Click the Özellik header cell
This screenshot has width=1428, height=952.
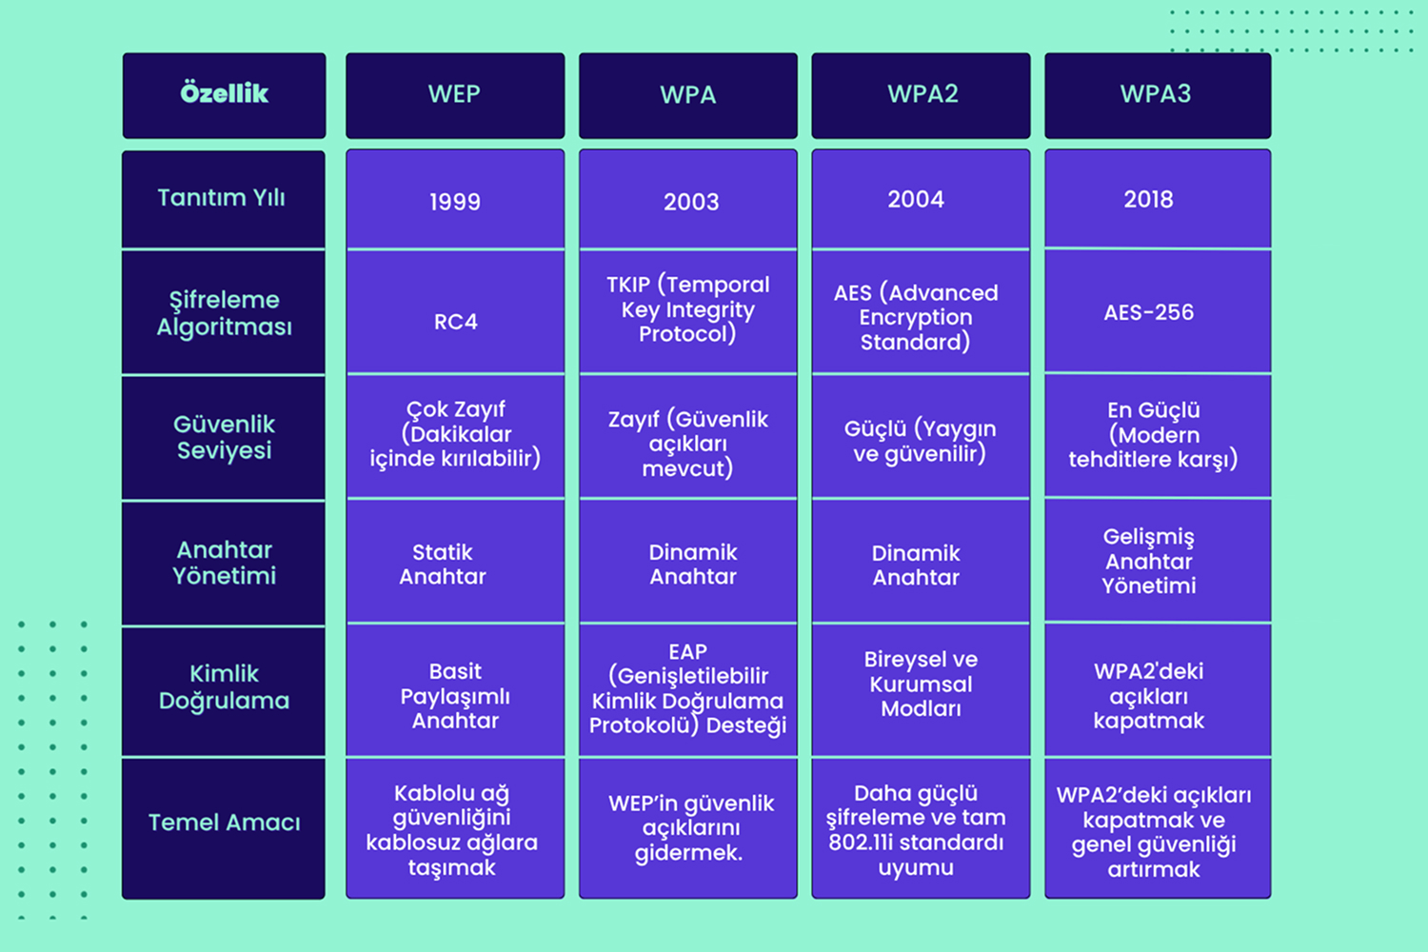click(224, 95)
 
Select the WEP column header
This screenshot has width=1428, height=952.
click(455, 95)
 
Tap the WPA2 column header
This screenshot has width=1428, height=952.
click(921, 95)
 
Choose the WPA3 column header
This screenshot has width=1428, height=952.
click(1158, 95)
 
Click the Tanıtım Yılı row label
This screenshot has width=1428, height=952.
click(223, 199)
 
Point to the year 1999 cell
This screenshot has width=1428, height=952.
click(455, 199)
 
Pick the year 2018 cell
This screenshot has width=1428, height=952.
click(1158, 198)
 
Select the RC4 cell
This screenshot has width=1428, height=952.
click(455, 312)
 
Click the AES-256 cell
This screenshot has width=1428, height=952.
click(1158, 310)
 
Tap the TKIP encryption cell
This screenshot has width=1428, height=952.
click(688, 312)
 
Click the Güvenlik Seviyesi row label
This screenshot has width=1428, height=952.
click(223, 437)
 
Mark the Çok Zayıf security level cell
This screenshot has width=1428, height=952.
click(455, 437)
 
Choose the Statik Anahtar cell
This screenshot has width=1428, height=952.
click(455, 562)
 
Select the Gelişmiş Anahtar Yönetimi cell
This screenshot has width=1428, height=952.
click(1158, 561)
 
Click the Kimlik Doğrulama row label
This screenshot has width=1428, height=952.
click(223, 691)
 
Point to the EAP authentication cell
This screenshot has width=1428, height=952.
click(688, 690)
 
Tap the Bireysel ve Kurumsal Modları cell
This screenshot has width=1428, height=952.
click(921, 690)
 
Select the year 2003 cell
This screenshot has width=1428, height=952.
click(688, 199)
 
